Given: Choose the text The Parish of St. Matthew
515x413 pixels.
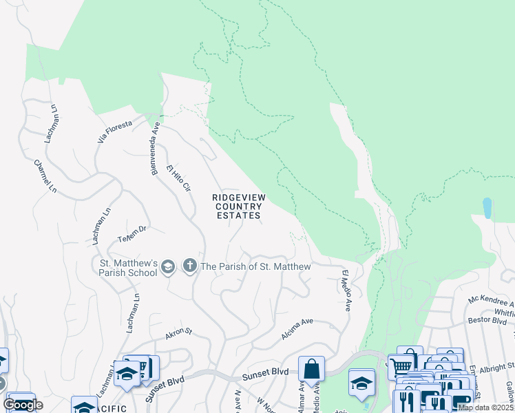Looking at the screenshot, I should [x=255, y=266].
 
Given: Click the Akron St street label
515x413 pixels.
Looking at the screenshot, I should [x=178, y=335].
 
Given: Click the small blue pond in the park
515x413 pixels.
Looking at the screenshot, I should [x=487, y=208].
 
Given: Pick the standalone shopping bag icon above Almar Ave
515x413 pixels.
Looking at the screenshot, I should [x=311, y=368].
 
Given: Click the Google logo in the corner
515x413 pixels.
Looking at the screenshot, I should [x=23, y=404].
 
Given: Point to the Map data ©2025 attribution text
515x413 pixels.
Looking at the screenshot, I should [x=485, y=407].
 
